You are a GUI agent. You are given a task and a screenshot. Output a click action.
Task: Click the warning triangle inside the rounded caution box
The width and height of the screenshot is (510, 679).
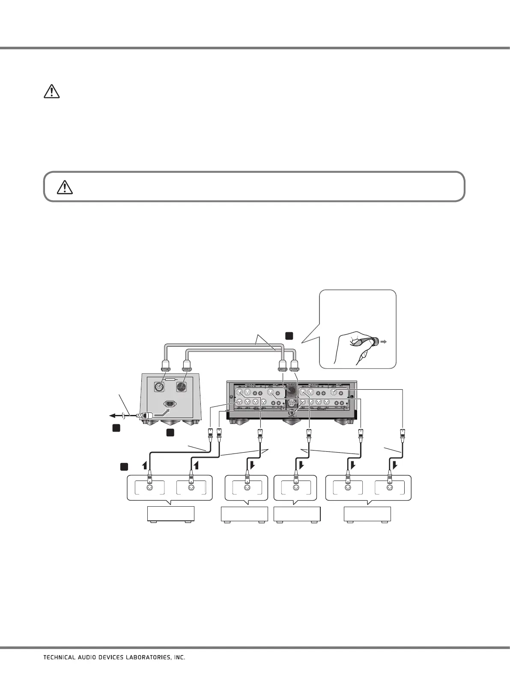pos(65,187)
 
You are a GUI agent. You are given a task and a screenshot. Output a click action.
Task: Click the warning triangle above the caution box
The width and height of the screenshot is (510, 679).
pos(51,92)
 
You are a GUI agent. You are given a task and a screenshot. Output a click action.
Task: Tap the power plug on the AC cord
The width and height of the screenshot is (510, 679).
pos(145,415)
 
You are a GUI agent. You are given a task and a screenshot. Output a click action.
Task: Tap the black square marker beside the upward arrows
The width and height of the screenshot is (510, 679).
pos(123,466)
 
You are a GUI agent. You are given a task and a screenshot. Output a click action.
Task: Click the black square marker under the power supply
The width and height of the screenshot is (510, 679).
pos(171,433)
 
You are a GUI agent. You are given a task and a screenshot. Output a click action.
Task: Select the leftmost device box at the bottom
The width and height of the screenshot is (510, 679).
pos(170,514)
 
